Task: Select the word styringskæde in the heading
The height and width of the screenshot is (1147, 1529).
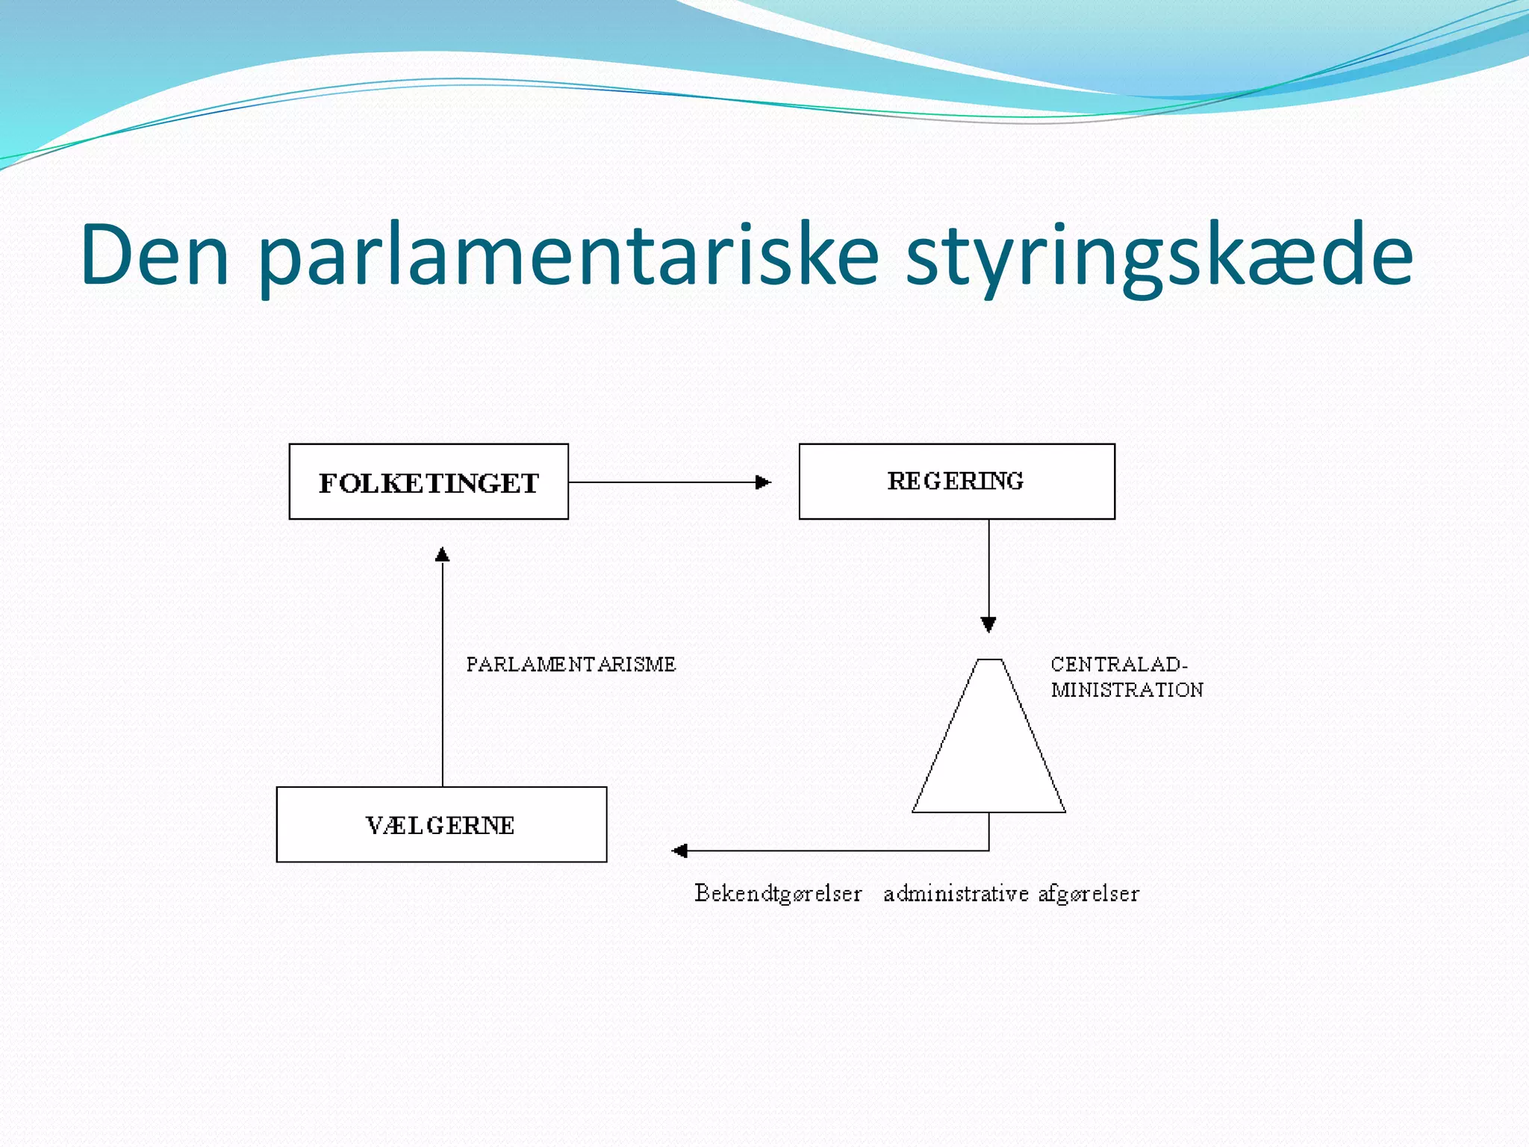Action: click(1159, 255)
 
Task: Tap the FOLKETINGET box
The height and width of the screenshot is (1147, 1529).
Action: click(429, 482)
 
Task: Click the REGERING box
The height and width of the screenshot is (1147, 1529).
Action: click(956, 482)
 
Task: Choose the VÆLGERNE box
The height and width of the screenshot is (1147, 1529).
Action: click(441, 824)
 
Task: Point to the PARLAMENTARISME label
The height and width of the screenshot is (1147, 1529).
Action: click(571, 665)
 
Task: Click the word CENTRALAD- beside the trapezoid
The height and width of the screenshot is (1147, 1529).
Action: click(1118, 665)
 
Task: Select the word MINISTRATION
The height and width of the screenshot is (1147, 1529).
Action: click(1127, 690)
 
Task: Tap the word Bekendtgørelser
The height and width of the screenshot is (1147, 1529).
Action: click(778, 894)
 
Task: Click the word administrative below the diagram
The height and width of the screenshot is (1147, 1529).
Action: click(956, 894)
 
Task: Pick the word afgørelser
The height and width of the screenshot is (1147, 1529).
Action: click(1089, 894)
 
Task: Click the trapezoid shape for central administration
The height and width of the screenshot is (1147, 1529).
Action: click(988, 747)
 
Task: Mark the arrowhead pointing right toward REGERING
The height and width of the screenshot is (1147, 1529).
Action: click(763, 482)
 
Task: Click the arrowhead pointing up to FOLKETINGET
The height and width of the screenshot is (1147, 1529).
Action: click(443, 554)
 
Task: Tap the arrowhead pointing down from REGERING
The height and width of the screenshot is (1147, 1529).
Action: click(988, 624)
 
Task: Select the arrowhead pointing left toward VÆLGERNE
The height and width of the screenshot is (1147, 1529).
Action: click(679, 851)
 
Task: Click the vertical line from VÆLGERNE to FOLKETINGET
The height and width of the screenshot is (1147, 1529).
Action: click(443, 672)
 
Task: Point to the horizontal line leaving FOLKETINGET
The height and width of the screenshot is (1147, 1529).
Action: click(657, 482)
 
